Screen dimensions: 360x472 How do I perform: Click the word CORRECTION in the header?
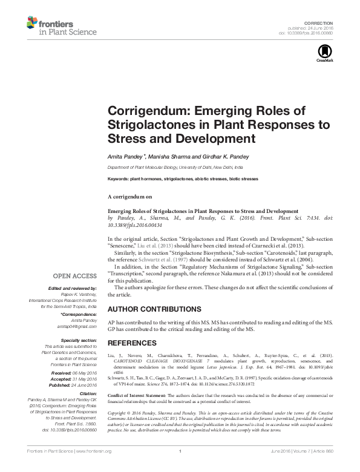point(322,21)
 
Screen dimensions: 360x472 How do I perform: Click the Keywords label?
point(119,179)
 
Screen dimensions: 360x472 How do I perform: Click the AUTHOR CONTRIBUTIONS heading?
point(146,309)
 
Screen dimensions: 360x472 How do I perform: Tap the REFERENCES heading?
point(128,343)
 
